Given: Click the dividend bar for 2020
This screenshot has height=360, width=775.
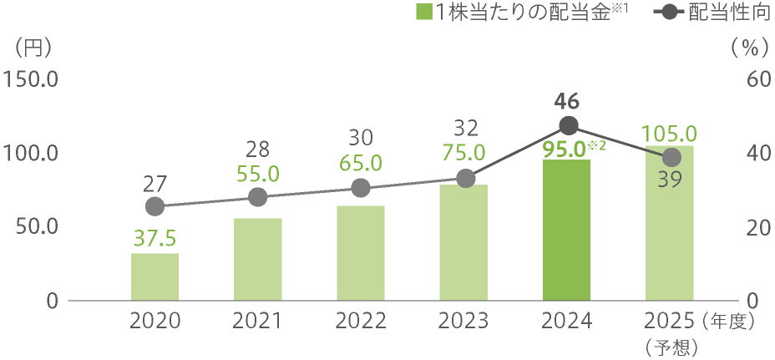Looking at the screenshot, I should coord(154,276).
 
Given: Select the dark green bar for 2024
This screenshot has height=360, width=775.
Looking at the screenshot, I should coord(566,230).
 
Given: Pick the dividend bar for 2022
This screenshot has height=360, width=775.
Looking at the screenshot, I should coord(361,252).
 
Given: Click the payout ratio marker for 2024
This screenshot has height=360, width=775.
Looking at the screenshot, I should coord(568,126).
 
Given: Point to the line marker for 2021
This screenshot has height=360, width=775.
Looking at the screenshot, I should coord(258,197).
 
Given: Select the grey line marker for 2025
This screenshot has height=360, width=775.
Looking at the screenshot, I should coord(671,158).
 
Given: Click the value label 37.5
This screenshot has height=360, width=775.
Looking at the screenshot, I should coord(154,239).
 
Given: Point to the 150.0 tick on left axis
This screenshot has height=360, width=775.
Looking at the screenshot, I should coord(31,80).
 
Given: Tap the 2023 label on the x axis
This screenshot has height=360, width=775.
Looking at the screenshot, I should coord(463,322).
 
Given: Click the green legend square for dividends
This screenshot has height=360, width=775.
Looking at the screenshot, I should coord(424,13).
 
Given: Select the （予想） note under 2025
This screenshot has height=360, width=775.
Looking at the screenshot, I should coord(670,345).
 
